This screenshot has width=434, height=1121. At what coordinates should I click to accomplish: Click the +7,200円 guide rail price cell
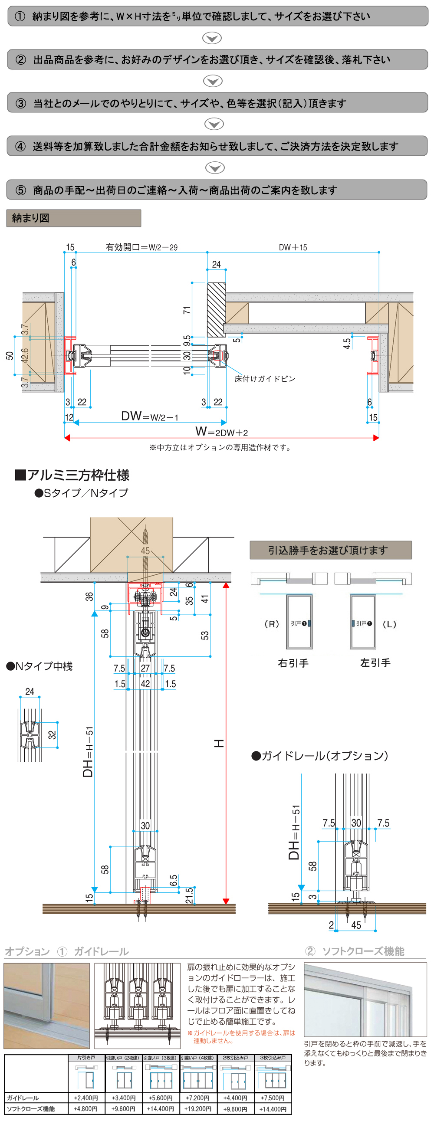[x=198, y=1098]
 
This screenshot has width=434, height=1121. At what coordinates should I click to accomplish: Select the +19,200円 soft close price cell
[x=198, y=1109]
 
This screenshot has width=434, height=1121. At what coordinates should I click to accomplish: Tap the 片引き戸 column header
[x=86, y=1058]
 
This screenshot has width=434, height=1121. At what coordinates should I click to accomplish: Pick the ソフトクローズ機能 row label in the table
[x=31, y=1109]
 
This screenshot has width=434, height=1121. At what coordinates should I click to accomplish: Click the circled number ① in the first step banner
[x=20, y=16]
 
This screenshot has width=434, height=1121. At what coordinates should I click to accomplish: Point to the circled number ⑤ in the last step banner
[x=20, y=190]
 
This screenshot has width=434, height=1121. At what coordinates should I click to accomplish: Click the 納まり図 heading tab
[x=30, y=218]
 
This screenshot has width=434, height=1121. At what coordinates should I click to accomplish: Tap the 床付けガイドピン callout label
[x=265, y=379]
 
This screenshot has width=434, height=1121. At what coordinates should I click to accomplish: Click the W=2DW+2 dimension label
[x=222, y=432]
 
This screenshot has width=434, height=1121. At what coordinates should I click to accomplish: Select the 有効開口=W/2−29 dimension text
[x=141, y=247]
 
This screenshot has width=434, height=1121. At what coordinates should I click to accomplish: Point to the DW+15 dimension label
[x=293, y=247]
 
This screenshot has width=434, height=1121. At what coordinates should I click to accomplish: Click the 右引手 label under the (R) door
[x=293, y=663]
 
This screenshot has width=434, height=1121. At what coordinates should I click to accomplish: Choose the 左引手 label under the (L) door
[x=375, y=663]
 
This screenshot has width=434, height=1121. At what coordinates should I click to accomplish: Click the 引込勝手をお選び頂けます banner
[x=330, y=550]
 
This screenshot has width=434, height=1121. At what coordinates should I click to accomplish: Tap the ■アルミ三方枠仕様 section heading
[x=72, y=475]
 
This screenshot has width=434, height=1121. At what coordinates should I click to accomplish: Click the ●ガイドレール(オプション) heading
[x=320, y=756]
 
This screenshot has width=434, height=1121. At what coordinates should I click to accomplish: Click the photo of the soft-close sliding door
[x=365, y=1000]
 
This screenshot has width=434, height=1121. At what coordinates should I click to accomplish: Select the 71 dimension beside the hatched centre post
[x=187, y=310]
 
